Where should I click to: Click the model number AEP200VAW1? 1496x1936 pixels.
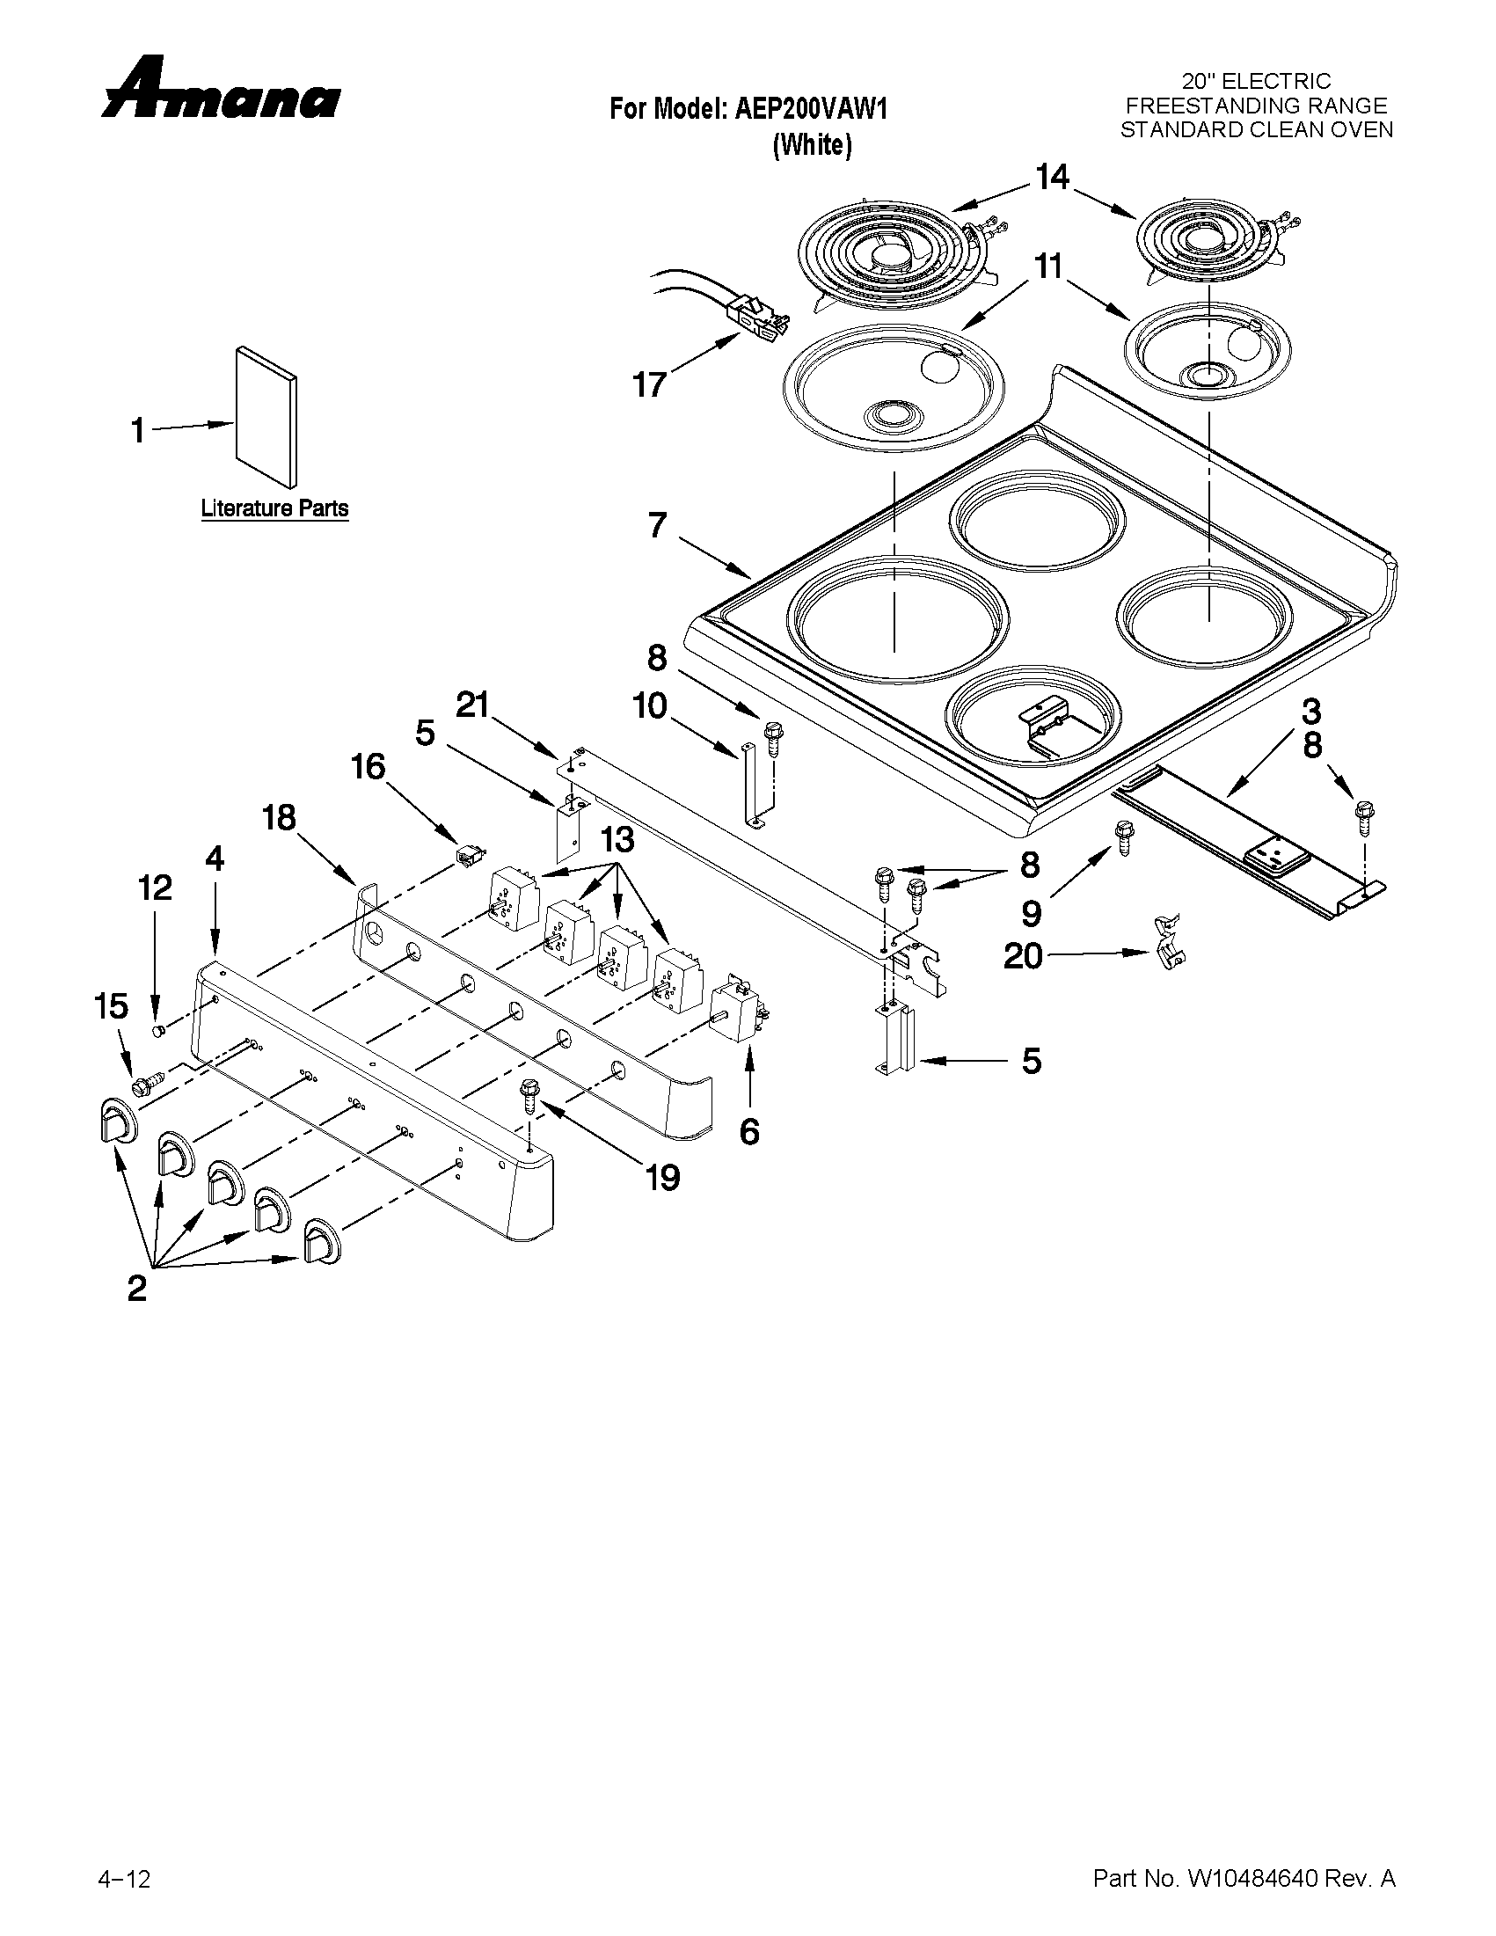click(810, 109)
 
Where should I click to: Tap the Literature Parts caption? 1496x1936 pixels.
click(274, 508)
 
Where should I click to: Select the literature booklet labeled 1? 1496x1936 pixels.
click(266, 417)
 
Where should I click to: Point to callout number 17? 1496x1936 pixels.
click(649, 384)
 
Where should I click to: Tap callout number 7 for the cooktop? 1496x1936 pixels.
click(657, 526)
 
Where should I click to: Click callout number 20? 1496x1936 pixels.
click(1023, 955)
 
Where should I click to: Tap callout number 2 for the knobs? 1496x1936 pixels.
click(136, 1287)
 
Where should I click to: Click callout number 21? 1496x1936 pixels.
click(473, 705)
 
